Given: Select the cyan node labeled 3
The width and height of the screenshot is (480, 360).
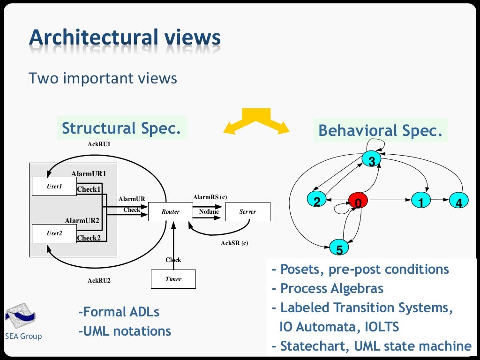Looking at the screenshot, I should pyautogui.click(x=371, y=161).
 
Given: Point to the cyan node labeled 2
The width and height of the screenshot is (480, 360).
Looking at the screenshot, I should pyautogui.click(x=317, y=201).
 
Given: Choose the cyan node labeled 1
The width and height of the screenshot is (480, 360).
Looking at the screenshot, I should pyautogui.click(x=421, y=201).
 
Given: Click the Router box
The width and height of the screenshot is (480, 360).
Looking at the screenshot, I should pyautogui.click(x=171, y=212).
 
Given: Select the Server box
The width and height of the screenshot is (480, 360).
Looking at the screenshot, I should pyautogui.click(x=247, y=212).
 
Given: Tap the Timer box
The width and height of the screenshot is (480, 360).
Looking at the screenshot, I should pyautogui.click(x=173, y=279).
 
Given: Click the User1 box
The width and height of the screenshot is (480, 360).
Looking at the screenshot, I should pyautogui.click(x=54, y=187).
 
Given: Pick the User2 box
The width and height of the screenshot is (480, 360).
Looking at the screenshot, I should pyautogui.click(x=54, y=233).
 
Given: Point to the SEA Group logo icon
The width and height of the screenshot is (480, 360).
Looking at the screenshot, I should pyautogui.click(x=20, y=316).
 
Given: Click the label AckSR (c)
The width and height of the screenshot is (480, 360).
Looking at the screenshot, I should pyautogui.click(x=234, y=243).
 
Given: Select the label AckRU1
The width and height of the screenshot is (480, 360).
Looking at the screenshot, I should pyautogui.click(x=99, y=144).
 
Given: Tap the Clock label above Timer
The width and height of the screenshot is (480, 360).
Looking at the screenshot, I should pyautogui.click(x=173, y=260).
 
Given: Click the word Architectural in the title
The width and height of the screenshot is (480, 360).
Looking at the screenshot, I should pyautogui.click(x=93, y=37).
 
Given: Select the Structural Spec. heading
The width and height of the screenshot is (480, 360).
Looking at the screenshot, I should pyautogui.click(x=121, y=128).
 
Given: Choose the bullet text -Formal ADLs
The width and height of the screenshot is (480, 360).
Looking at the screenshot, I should pyautogui.click(x=119, y=312).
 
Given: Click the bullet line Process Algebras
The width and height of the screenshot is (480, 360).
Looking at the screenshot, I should pyautogui.click(x=328, y=288).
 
